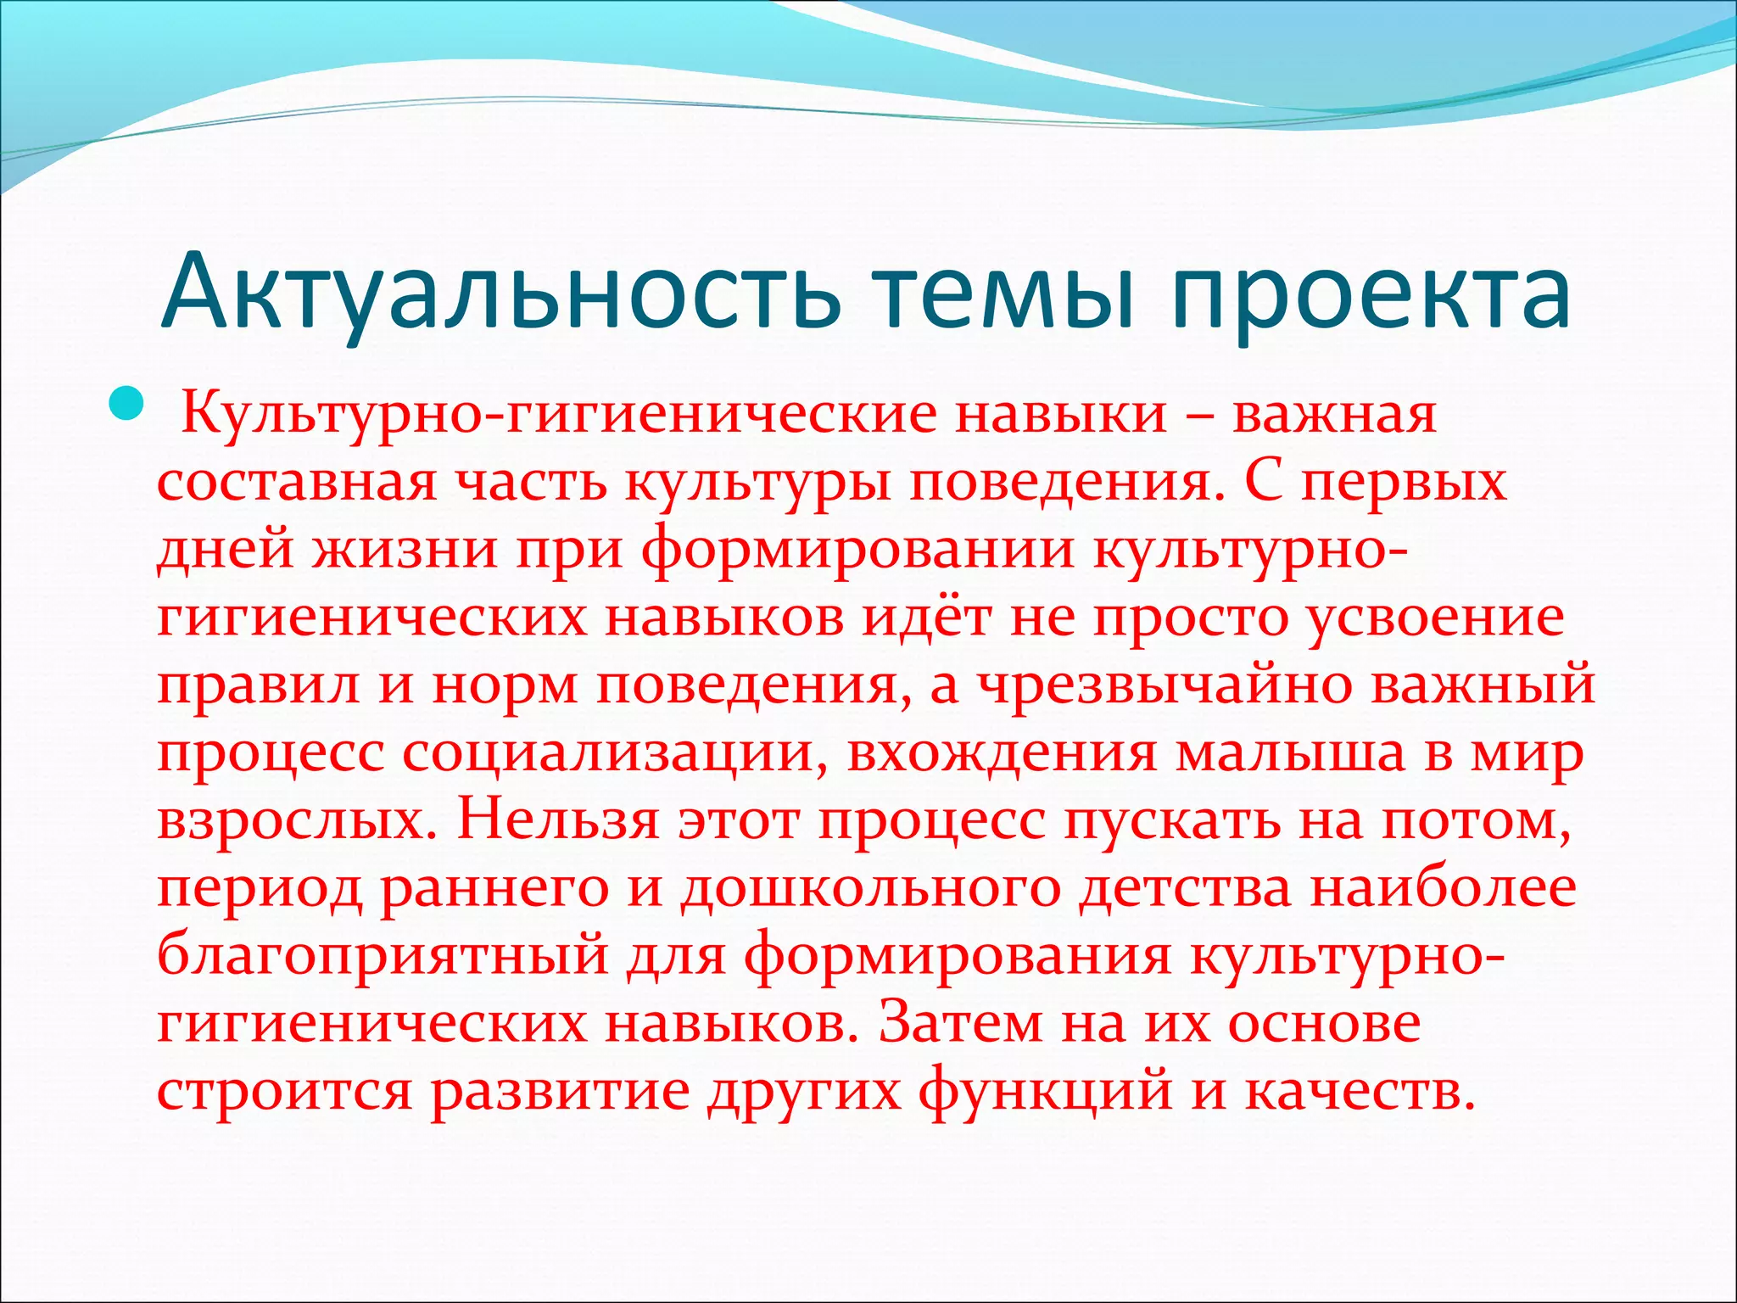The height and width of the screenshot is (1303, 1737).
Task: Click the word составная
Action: coord(297,483)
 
